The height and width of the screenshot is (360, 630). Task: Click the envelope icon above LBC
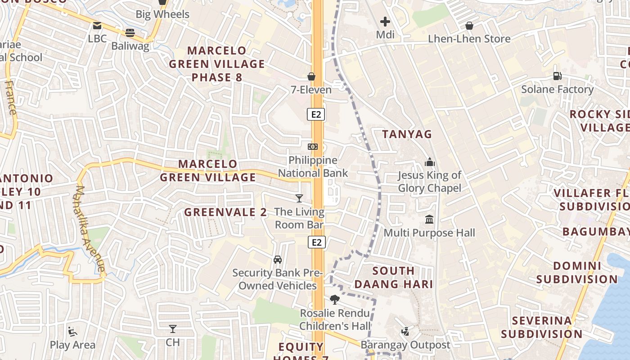pyautogui.click(x=97, y=26)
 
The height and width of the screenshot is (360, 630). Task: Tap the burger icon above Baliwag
pyautogui.click(x=130, y=32)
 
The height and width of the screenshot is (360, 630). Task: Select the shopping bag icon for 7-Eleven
pyautogui.click(x=311, y=76)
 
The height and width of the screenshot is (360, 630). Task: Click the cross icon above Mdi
pyautogui.click(x=385, y=21)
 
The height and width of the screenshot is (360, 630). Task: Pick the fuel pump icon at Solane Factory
pyautogui.click(x=557, y=76)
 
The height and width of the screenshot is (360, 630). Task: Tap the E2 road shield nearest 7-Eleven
pyautogui.click(x=316, y=114)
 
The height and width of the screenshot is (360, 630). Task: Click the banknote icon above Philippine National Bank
pyautogui.click(x=313, y=147)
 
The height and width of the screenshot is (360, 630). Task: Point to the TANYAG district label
pyautogui.click(x=407, y=134)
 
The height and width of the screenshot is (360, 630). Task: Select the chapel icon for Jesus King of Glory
pyautogui.click(x=430, y=162)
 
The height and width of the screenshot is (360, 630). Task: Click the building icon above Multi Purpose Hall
pyautogui.click(x=429, y=220)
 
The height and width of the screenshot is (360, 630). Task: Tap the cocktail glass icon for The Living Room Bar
pyautogui.click(x=299, y=198)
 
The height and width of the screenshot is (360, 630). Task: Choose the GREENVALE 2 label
pyautogui.click(x=225, y=212)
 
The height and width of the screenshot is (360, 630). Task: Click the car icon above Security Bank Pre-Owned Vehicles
pyautogui.click(x=278, y=260)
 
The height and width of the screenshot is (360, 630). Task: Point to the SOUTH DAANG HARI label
pyautogui.click(x=394, y=278)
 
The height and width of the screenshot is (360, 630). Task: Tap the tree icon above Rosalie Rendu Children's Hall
pyautogui.click(x=334, y=300)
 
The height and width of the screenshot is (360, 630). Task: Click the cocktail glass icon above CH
pyautogui.click(x=173, y=329)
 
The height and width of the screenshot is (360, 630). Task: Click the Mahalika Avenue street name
pyautogui.click(x=90, y=229)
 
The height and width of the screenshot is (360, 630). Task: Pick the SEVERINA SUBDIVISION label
pyautogui.click(x=542, y=327)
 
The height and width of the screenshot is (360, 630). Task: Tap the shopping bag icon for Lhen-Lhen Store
pyautogui.click(x=469, y=26)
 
